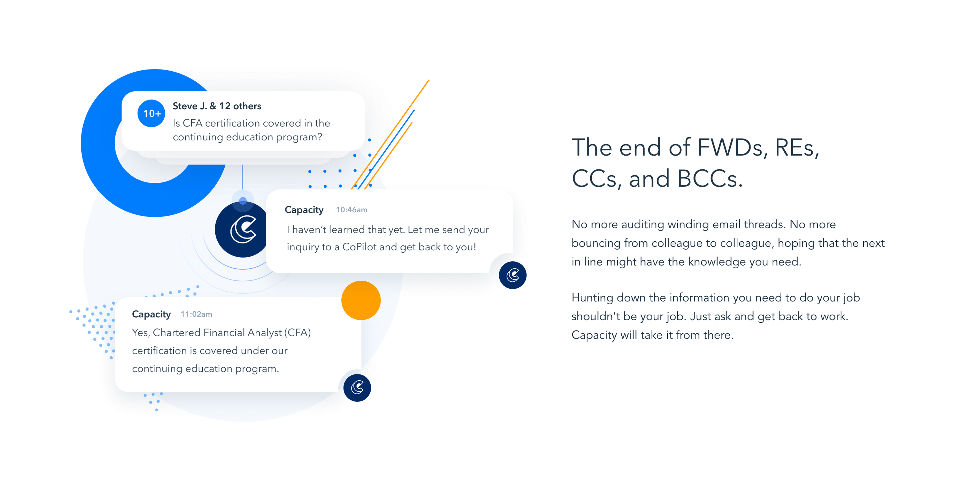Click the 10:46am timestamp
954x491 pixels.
pyautogui.click(x=352, y=210)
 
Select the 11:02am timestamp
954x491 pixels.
pyautogui.click(x=196, y=314)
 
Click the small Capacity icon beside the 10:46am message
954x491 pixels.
pyautogui.click(x=513, y=275)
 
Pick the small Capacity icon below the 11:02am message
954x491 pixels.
pyautogui.click(x=357, y=388)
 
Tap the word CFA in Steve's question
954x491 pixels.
pyautogui.click(x=193, y=123)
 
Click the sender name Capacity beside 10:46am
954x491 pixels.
pyautogui.click(x=304, y=210)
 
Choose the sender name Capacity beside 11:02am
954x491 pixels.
pyautogui.click(x=152, y=314)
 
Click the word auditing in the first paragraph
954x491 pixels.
pyautogui.click(x=642, y=224)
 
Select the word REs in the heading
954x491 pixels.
pyautogui.click(x=796, y=147)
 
